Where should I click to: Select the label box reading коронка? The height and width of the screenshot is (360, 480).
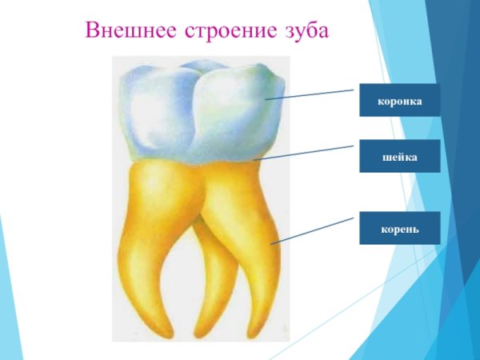click(x=399, y=100)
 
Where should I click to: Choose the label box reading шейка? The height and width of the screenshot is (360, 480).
click(x=399, y=156)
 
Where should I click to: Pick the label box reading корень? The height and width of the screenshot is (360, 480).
click(x=399, y=228)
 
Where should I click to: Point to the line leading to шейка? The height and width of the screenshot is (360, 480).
click(x=304, y=153)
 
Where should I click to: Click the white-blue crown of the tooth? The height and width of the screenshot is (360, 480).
click(x=200, y=112)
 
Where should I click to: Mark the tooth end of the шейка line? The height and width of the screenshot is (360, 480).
click(x=255, y=160)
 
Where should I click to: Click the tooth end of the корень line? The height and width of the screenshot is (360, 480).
click(x=273, y=242)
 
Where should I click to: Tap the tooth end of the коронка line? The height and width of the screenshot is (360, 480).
click(x=266, y=99)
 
